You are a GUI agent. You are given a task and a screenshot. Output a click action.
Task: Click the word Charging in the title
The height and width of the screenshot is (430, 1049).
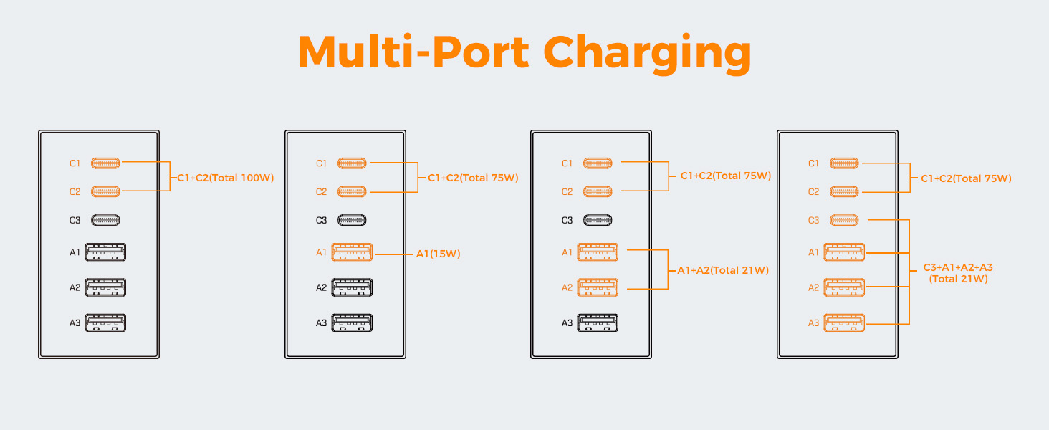pyautogui.click(x=647, y=54)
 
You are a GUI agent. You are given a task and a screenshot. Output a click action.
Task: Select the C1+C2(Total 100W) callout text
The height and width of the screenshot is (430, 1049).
pyautogui.click(x=225, y=178)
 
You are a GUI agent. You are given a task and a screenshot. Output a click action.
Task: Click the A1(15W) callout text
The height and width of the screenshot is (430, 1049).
pyautogui.click(x=439, y=254)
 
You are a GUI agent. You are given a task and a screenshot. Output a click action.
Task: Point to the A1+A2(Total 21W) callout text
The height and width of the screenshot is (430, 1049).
pyautogui.click(x=723, y=270)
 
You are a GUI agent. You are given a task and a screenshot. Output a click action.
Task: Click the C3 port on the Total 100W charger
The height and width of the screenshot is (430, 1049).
pyautogui.click(x=105, y=220)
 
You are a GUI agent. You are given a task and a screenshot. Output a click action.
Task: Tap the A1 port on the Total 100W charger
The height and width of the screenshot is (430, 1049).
pyautogui.click(x=105, y=252)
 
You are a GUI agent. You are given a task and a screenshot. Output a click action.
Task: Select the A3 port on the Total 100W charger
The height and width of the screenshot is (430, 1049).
pyautogui.click(x=105, y=322)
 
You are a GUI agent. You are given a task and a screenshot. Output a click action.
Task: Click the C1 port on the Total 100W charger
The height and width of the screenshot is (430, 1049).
pyautogui.click(x=105, y=163)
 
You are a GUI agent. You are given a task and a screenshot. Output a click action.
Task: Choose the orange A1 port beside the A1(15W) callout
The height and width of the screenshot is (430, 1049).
pyautogui.click(x=352, y=252)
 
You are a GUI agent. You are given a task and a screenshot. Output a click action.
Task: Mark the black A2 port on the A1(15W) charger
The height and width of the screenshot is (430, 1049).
pyautogui.click(x=352, y=287)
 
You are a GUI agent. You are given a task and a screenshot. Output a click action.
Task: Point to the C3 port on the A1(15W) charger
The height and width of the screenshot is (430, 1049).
pyautogui.click(x=352, y=220)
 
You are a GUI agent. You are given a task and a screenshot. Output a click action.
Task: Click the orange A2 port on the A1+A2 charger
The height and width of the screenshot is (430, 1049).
pyautogui.click(x=598, y=287)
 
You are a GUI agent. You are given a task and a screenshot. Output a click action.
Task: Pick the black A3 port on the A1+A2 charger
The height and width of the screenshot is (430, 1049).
pyautogui.click(x=598, y=322)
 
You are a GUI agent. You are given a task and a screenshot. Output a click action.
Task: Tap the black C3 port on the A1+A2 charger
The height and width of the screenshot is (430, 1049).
pyautogui.click(x=598, y=220)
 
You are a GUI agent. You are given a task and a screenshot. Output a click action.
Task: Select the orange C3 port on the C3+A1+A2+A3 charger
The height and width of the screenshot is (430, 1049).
pyautogui.click(x=844, y=220)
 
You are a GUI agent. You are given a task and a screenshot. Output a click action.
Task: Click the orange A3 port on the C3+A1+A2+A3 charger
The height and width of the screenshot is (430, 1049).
pyautogui.click(x=844, y=322)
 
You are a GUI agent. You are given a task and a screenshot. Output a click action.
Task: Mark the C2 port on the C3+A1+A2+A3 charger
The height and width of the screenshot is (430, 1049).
pyautogui.click(x=844, y=191)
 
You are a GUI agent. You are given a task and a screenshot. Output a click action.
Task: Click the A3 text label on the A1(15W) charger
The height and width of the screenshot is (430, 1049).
pyautogui.click(x=321, y=322)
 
